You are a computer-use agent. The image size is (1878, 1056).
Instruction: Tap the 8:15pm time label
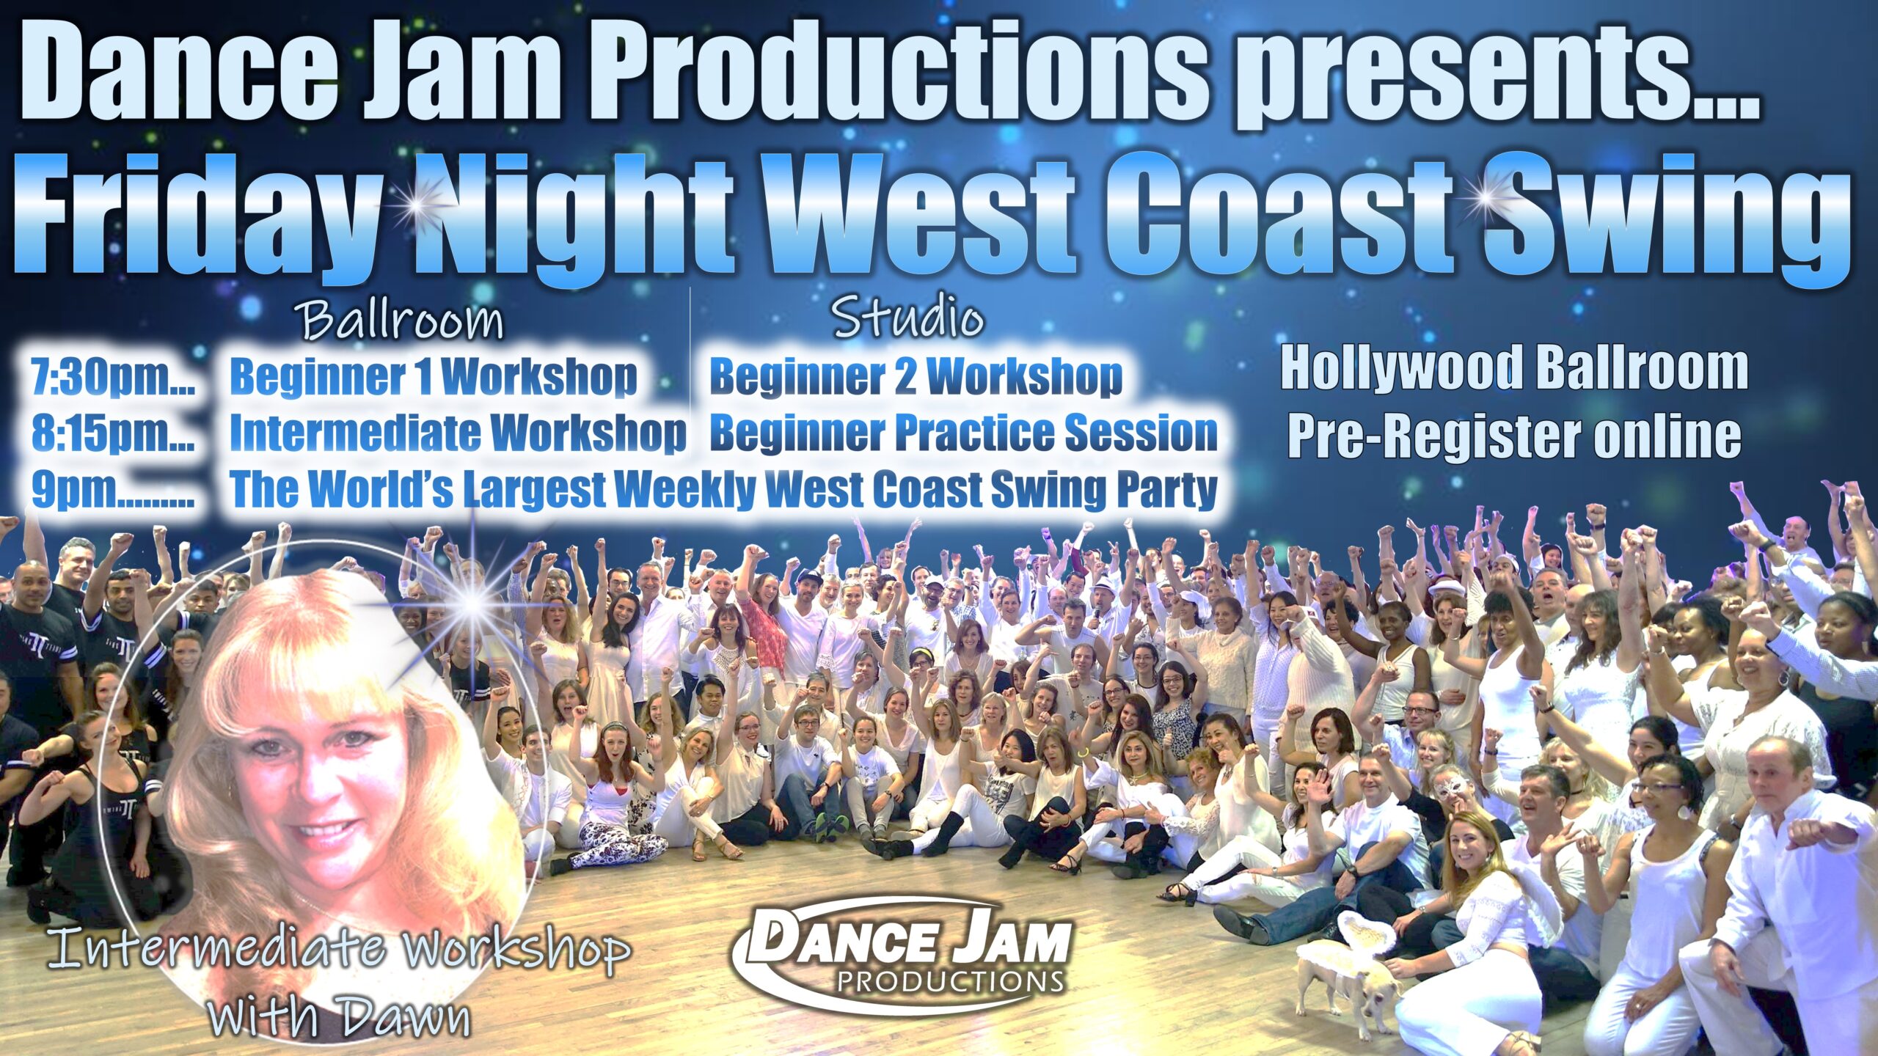click(x=112, y=434)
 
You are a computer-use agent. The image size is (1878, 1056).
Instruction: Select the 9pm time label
click(x=112, y=490)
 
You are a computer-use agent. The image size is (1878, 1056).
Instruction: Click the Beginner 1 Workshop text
click(x=434, y=377)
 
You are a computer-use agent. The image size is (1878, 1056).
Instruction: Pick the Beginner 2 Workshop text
click(x=916, y=377)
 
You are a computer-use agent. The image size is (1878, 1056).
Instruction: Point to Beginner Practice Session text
click(x=963, y=433)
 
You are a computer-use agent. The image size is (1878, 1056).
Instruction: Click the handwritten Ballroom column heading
click(x=403, y=321)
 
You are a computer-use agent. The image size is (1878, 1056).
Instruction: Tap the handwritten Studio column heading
click(x=908, y=320)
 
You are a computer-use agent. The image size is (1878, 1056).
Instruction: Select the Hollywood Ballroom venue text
click(x=1514, y=369)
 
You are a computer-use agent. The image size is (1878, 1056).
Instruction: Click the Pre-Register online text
click(x=1514, y=437)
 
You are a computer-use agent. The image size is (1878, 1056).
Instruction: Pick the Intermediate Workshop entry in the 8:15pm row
click(x=458, y=433)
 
